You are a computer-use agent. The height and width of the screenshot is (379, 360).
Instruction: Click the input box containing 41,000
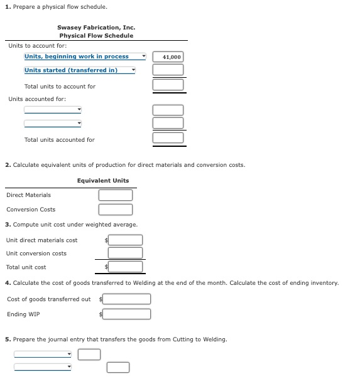coord(168,56)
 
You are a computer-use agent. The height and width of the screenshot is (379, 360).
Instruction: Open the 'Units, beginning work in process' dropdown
coord(84,56)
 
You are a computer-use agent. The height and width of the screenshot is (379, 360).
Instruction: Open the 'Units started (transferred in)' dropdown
coord(79,70)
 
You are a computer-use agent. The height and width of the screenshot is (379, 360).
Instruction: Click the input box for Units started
coord(168,70)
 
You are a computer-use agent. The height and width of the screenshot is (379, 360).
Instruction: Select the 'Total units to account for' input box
coord(168,85)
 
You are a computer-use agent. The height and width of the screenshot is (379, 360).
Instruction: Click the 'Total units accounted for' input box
coord(168,137)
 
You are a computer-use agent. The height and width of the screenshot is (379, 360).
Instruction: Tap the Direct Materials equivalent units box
coord(115,195)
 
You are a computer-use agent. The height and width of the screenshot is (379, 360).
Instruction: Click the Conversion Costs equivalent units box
coord(115,210)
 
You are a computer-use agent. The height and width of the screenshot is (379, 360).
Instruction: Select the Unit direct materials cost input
coord(125,240)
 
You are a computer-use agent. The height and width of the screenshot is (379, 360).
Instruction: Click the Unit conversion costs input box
coord(125,253)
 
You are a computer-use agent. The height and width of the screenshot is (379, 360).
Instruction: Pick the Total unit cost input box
coord(125,267)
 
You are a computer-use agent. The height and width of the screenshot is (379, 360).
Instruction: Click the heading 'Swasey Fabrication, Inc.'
coord(96,28)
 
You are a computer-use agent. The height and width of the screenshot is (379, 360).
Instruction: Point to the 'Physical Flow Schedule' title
coord(96,36)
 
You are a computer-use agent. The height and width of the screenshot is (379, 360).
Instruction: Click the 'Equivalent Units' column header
coord(103,181)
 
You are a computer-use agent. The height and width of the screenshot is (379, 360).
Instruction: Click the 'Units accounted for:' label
coord(37,99)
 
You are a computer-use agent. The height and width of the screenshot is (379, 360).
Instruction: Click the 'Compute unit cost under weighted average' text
coord(75,225)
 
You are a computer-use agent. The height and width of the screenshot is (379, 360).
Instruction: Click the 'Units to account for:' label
coord(38,46)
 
